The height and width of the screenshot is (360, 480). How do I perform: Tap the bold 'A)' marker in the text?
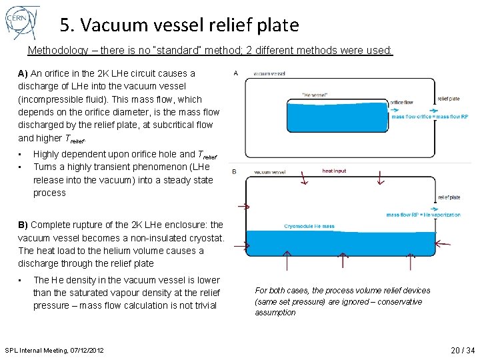(x=23, y=73)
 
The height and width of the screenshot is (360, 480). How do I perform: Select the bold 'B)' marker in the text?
(x=23, y=225)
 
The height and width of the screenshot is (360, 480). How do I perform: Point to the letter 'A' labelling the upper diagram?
(x=236, y=73)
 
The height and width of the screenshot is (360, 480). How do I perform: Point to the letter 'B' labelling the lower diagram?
(x=234, y=171)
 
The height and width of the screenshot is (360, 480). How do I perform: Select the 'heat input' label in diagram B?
(x=334, y=171)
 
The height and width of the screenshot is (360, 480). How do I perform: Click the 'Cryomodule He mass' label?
(x=309, y=227)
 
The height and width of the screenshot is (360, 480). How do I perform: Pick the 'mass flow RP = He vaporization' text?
(x=423, y=215)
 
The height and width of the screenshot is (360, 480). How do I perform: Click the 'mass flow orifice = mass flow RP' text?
(x=430, y=117)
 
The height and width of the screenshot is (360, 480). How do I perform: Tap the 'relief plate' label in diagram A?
(x=448, y=99)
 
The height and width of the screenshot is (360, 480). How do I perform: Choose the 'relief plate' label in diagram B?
(x=449, y=197)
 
